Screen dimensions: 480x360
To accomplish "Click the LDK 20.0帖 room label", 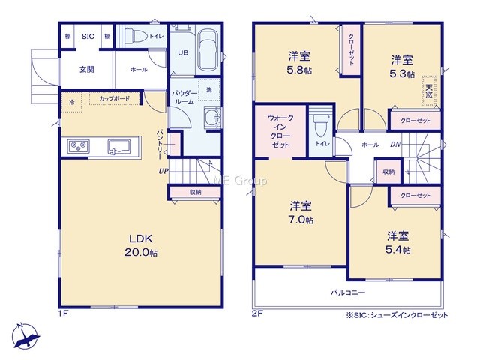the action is (x=141, y=245).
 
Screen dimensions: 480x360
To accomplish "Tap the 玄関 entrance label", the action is (x=87, y=70).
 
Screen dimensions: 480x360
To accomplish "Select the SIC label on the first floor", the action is (x=88, y=37).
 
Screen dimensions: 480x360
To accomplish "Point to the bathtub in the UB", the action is (x=208, y=51).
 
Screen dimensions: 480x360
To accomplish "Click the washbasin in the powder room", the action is (x=212, y=118).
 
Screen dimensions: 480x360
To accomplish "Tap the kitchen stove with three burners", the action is (x=79, y=147).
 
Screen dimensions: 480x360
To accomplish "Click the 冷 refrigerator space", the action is (x=72, y=102).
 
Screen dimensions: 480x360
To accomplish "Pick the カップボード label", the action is (x=114, y=98).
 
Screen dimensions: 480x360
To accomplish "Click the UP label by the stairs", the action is (x=163, y=171).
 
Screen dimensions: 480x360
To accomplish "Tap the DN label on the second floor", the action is (x=395, y=145).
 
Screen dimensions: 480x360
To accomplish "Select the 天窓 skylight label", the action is (x=429, y=91).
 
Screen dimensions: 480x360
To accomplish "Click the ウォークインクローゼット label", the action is (x=280, y=131).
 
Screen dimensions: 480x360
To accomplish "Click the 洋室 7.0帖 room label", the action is (x=301, y=212).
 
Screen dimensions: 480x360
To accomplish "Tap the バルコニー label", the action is (x=348, y=292).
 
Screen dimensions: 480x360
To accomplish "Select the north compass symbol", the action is (x=25, y=336).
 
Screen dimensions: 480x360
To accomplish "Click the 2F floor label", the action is (x=257, y=313).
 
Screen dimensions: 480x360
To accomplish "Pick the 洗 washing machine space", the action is (x=208, y=90).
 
